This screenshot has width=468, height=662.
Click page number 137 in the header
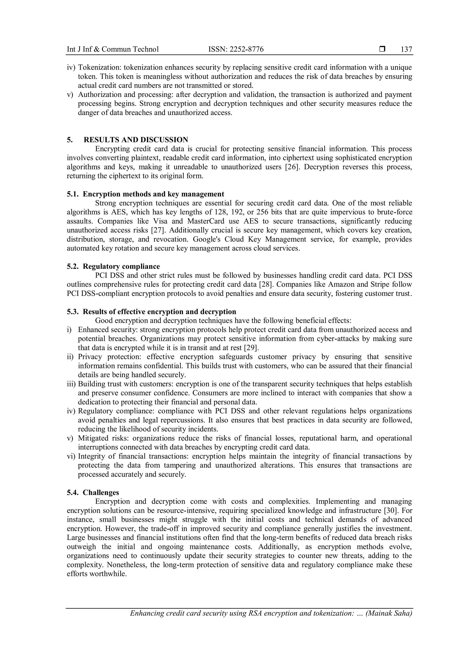[x=406, y=49]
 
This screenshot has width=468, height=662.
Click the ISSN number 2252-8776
[x=247, y=49]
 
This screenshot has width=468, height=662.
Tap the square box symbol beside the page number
[x=382, y=49]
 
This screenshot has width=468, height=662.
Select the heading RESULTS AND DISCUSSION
[x=136, y=140]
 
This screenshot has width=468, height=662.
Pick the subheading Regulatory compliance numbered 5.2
[x=113, y=266]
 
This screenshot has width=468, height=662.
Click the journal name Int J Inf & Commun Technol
[x=113, y=49]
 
